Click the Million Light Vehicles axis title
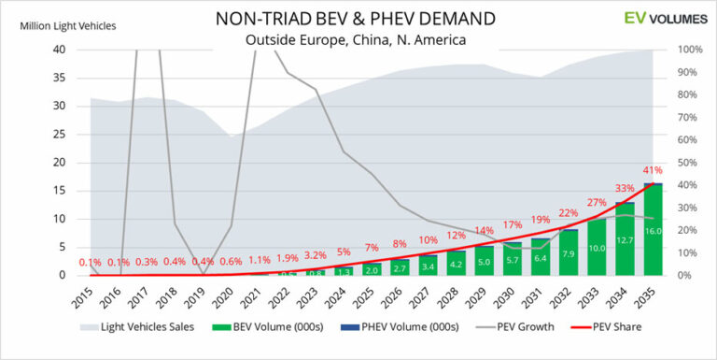tap(68, 25)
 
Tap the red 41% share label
tap(654, 171)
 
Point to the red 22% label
tap(569, 213)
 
